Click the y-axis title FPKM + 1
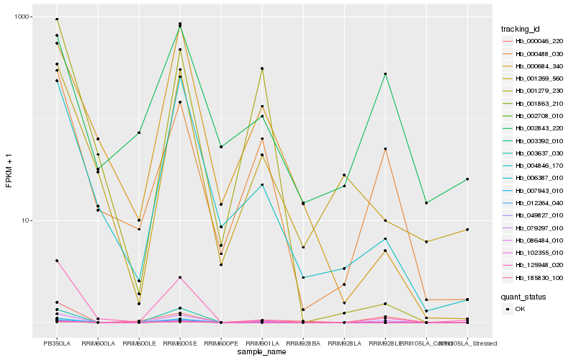tap(9, 171)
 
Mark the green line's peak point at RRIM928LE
tap(385, 73)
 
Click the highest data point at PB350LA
tap(57, 19)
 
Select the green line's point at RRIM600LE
tap(139, 132)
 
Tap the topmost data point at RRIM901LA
tap(262, 68)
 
